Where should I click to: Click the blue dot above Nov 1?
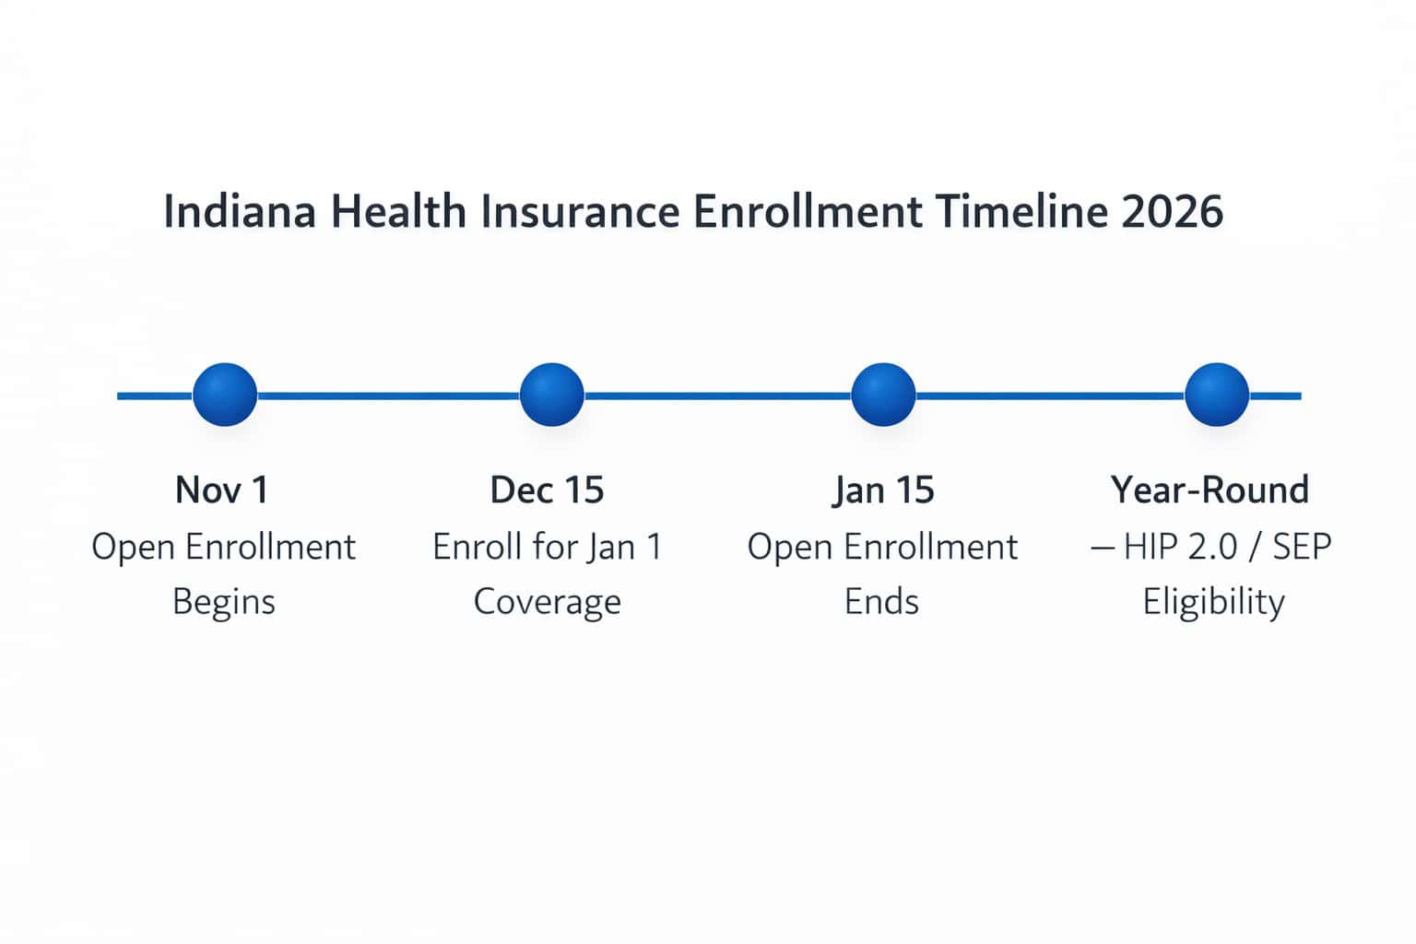coord(225,395)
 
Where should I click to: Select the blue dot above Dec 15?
coord(551,395)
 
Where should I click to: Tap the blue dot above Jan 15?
coord(883,395)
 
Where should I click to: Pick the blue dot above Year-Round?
coord(1216,395)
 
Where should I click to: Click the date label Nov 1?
coord(222,490)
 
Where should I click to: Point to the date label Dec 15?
coord(547,490)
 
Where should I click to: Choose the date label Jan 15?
coord(883,490)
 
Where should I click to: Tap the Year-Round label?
coord(1209,490)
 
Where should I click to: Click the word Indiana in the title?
coord(239,211)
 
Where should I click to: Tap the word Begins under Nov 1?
coord(224,602)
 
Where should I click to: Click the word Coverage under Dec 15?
coord(547,602)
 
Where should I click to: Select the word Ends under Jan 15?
coord(881,602)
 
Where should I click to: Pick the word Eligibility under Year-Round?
coord(1213,602)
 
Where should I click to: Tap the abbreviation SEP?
coord(1302,547)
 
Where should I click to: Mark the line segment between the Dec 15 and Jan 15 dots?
coord(717,395)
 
